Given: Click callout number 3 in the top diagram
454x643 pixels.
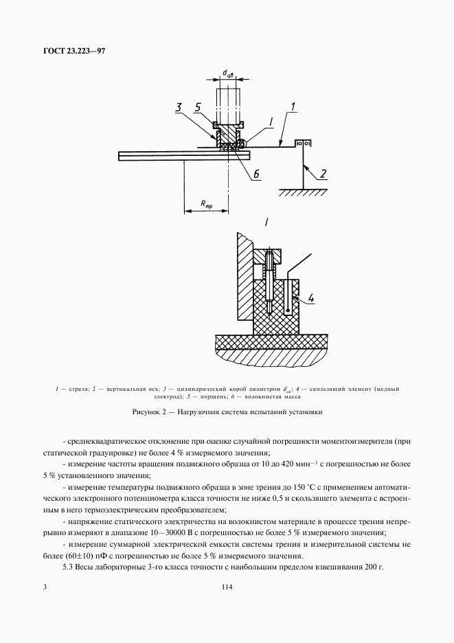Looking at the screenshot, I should click(178, 108).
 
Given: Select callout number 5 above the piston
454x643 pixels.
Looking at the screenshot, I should click(197, 108).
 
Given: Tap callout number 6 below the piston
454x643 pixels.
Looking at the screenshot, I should click(256, 174).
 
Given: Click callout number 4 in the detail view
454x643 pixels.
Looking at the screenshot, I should click(310, 298).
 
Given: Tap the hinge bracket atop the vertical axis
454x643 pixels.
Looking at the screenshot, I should click(303, 142).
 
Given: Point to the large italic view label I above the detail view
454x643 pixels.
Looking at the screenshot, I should click(265, 222).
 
